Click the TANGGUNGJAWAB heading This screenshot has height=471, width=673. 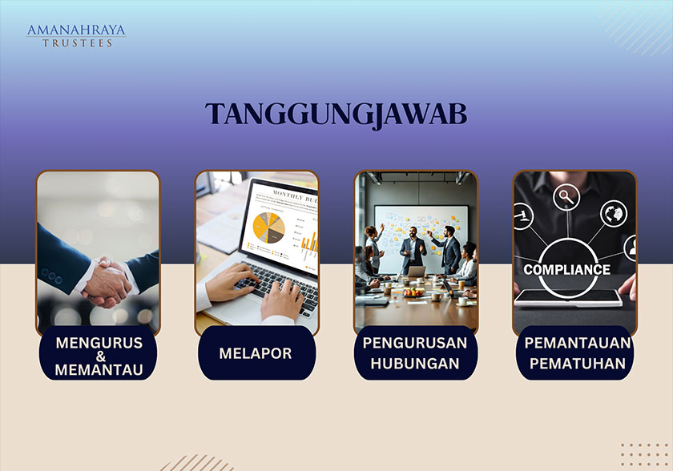(336, 114)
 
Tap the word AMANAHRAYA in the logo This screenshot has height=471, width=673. (76, 30)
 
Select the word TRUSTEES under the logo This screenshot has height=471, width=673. (76, 42)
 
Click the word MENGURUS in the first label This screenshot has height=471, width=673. (99, 342)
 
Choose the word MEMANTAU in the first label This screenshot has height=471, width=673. (99, 369)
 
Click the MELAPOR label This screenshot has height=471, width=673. (256, 353)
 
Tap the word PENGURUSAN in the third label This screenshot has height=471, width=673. (415, 343)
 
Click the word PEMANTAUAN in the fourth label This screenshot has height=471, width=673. (577, 343)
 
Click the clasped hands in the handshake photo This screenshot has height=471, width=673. (107, 282)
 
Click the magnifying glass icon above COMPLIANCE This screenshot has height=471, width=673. (568, 195)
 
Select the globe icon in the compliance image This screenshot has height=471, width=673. (614, 213)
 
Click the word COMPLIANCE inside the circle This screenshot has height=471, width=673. (566, 270)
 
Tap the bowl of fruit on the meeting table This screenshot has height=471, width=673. (414, 292)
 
